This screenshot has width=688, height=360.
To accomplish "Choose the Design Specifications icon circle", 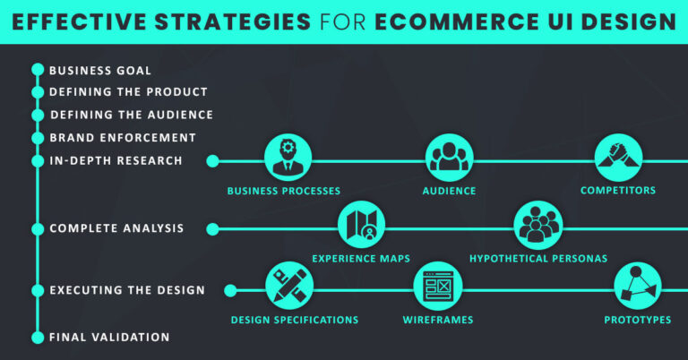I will [289, 287].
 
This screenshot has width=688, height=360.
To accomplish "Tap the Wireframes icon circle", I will [437, 287].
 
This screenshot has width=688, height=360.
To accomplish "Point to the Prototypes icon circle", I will [637, 287].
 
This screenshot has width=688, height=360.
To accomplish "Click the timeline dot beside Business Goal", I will [38, 70].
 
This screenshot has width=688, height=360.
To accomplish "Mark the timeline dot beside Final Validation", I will [38, 338].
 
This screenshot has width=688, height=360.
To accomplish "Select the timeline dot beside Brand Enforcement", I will [38, 138].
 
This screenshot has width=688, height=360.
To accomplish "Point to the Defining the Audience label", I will [131, 115].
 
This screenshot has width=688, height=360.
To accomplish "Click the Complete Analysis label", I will [116, 228].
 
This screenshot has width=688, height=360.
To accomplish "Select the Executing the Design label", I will [127, 290].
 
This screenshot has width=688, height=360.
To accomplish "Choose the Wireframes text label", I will [437, 320].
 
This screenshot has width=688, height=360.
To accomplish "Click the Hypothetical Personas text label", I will [538, 259].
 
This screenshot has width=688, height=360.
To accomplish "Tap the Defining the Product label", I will [128, 92].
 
